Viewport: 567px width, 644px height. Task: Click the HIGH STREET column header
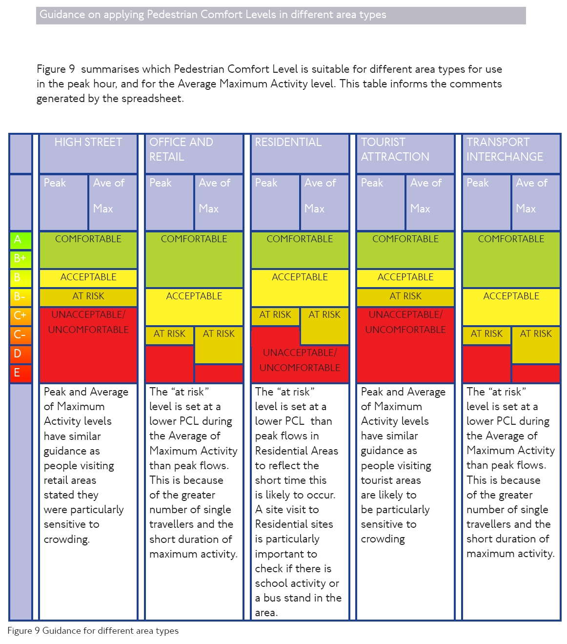[x=88, y=143]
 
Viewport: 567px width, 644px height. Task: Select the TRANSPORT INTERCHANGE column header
[x=505, y=149]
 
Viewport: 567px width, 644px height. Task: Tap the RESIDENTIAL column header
[x=288, y=143]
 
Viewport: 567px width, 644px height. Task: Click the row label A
[x=18, y=240]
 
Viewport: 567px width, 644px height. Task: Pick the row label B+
[x=20, y=258]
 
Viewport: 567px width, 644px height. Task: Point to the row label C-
[x=20, y=334]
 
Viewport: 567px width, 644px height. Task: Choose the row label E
[x=17, y=373]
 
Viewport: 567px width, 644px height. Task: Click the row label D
[x=18, y=353]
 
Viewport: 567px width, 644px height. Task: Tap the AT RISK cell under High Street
[x=88, y=296]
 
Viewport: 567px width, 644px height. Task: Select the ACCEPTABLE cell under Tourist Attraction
[x=405, y=277]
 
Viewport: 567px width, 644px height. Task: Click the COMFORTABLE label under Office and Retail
[x=194, y=239]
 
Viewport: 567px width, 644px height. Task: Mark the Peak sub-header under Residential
[x=266, y=183]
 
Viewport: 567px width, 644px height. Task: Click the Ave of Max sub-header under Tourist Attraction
[x=426, y=196]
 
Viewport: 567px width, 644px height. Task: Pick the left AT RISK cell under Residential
[x=275, y=315]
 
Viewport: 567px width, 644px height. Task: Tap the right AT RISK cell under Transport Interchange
[x=536, y=334]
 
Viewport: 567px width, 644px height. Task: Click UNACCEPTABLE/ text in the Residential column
[x=300, y=353]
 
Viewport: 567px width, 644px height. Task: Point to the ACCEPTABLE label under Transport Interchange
[x=511, y=296]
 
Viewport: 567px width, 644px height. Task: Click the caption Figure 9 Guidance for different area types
[x=93, y=631]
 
